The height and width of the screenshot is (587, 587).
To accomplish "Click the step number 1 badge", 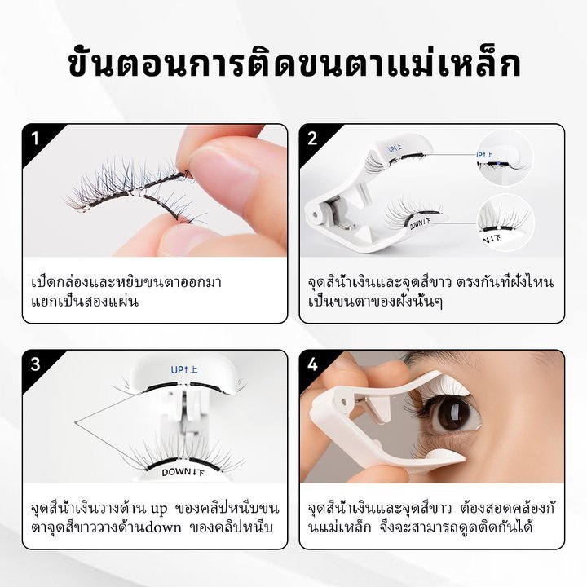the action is [x=35, y=139].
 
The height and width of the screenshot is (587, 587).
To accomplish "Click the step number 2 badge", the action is [x=312, y=139].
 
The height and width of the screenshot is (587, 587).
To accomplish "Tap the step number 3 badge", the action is [x=35, y=364].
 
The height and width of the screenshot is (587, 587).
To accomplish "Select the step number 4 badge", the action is [x=312, y=364].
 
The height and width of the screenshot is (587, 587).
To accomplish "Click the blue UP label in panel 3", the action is [x=183, y=370].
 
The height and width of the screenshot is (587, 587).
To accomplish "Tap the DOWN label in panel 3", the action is [x=183, y=472].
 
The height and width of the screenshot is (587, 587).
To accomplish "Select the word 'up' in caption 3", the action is [x=159, y=510].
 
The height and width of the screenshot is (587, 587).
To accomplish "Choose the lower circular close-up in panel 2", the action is [x=505, y=223].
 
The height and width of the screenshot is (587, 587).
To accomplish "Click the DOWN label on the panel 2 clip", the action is [x=420, y=223].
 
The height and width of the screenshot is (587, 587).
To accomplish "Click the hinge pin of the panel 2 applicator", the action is [x=315, y=214].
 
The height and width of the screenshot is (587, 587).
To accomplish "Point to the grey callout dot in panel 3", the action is [x=76, y=422].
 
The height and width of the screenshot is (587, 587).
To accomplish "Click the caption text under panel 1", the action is [x=126, y=292].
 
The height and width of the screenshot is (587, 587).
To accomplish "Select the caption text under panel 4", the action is [x=431, y=519].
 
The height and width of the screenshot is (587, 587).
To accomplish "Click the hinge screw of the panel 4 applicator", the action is [x=343, y=401].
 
